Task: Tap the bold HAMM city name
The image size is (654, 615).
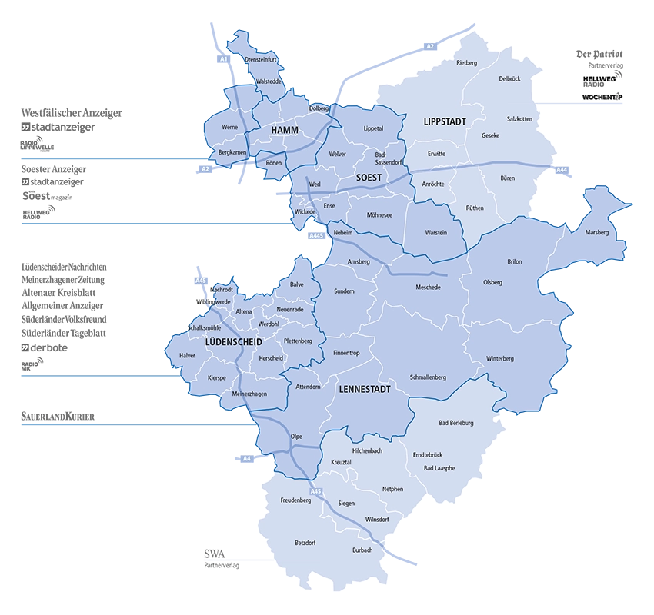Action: (x=284, y=131)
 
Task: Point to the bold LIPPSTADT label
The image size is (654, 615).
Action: (x=445, y=122)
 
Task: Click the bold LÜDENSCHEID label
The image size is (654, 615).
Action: (x=234, y=341)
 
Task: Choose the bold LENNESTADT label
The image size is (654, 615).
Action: (x=365, y=390)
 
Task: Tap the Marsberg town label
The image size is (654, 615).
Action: (x=596, y=232)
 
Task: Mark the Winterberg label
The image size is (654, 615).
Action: (x=499, y=359)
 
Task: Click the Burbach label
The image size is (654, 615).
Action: (x=362, y=550)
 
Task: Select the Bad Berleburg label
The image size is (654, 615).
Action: (x=455, y=423)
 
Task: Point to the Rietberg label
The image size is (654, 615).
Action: (x=467, y=62)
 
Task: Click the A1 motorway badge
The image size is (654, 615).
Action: (x=223, y=58)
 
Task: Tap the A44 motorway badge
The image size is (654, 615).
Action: (x=562, y=169)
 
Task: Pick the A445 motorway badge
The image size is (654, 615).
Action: (x=315, y=236)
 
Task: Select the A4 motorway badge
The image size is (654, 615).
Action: (x=246, y=459)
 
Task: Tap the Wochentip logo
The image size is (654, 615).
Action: (x=602, y=98)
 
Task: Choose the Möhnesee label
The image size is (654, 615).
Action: (x=379, y=215)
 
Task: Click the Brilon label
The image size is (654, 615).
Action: (x=514, y=262)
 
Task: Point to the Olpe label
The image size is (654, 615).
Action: (x=296, y=437)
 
